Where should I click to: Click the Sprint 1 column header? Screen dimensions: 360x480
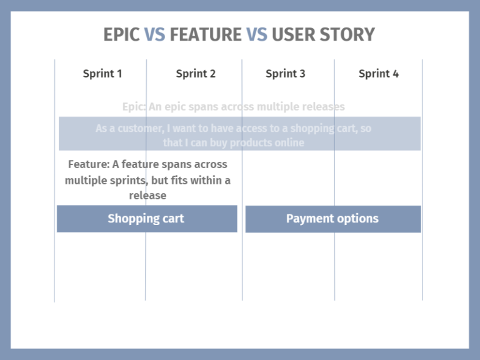(x=102, y=74)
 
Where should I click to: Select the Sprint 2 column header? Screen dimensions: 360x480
(x=196, y=74)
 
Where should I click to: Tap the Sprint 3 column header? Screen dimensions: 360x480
(x=285, y=74)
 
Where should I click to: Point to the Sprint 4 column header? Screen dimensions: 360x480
(x=378, y=74)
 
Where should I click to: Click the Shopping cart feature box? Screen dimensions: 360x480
(x=146, y=219)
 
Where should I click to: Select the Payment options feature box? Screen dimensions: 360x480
(x=332, y=219)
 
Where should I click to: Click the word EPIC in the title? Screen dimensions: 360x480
(x=121, y=34)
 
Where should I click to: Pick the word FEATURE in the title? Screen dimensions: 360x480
(x=205, y=34)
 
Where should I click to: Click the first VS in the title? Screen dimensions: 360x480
(x=155, y=34)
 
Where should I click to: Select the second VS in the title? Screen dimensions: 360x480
(x=256, y=34)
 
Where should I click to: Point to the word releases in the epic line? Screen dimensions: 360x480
(x=322, y=107)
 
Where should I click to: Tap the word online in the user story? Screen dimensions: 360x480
(x=288, y=142)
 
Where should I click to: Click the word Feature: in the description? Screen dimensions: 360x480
(x=89, y=164)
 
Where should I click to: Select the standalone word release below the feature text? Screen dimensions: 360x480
(x=147, y=196)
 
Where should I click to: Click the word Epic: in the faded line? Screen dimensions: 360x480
(x=134, y=107)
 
